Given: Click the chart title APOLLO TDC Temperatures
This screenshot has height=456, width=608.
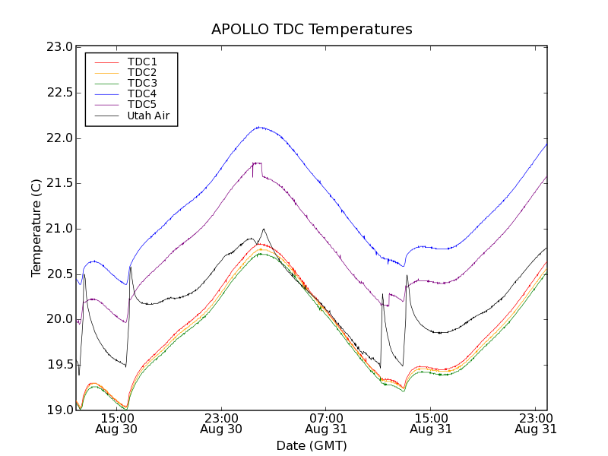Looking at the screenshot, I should tap(312, 30).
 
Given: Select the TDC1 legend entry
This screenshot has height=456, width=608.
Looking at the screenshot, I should tap(142, 62).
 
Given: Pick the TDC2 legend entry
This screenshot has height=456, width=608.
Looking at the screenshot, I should tap(142, 72).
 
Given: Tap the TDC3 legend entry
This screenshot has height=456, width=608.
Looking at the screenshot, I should tap(142, 83).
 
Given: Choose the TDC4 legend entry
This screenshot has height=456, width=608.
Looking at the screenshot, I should tap(142, 93).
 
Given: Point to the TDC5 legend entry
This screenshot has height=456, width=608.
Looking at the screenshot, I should tap(142, 104).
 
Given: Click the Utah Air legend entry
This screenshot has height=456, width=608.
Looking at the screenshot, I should tap(148, 116).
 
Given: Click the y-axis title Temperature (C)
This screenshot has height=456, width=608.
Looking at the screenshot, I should tap(36, 228).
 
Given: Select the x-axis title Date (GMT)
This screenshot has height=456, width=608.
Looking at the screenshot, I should tap(312, 445).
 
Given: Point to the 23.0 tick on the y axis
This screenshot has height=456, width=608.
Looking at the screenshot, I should tap(60, 47).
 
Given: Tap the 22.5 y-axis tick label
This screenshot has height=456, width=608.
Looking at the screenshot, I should tap(60, 93).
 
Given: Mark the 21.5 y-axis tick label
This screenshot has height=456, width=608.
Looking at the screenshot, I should tap(60, 183).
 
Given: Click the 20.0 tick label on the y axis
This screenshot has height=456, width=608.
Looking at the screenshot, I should tap(60, 319).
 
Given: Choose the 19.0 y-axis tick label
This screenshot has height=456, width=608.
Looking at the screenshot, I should tap(60, 410).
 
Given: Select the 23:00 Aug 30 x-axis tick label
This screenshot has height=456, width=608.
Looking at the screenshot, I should tap(221, 423).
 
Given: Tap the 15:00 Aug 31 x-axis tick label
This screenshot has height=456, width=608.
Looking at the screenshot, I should tap(430, 423).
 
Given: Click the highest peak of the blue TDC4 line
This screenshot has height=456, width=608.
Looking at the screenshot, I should tap(259, 127).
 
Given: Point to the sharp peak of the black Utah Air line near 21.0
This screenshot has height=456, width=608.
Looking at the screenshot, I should tap(264, 229).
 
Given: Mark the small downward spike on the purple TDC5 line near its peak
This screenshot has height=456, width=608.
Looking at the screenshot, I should tap(252, 176).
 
